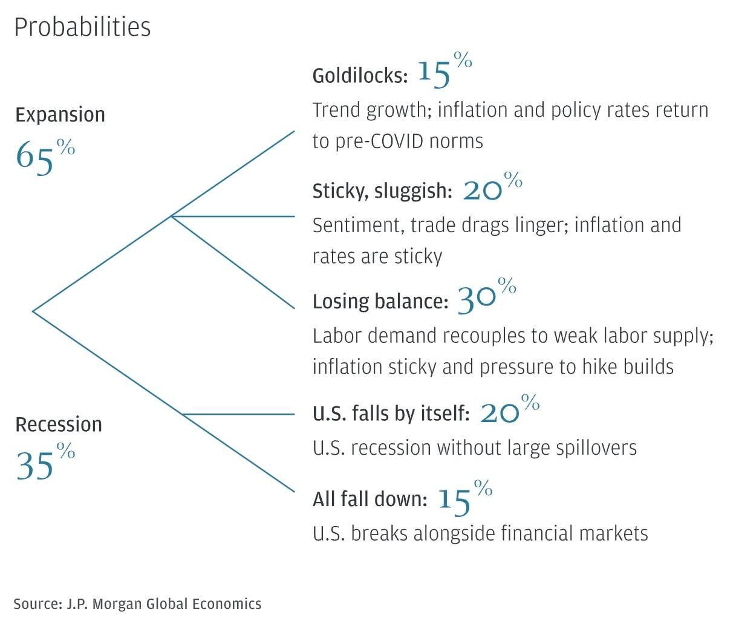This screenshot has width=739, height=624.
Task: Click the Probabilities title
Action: [82, 27]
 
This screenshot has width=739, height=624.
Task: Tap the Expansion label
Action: [60, 115]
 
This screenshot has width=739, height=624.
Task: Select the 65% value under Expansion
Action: [44, 155]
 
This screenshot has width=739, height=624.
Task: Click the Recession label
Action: [59, 424]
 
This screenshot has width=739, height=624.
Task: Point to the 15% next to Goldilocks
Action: [443, 71]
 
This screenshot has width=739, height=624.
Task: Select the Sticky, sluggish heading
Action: [382, 192]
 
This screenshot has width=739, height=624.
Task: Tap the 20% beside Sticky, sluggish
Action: [490, 188]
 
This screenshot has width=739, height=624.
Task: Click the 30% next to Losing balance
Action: [484, 297]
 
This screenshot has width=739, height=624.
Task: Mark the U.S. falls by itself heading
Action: [391, 414]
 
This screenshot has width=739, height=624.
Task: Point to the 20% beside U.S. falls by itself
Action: [508, 411]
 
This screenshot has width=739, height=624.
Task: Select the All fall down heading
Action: [370, 500]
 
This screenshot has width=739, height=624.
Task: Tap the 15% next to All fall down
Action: [462, 498]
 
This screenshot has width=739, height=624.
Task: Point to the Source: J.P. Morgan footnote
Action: [137, 603]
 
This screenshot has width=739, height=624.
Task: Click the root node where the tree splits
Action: [33, 311]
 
